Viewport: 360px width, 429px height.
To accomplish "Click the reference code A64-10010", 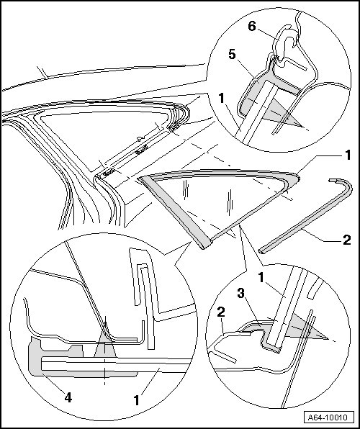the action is tap(328, 417).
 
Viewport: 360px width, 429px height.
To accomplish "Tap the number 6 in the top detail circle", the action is tap(252, 27).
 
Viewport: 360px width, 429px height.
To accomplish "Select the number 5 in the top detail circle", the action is tap(232, 55).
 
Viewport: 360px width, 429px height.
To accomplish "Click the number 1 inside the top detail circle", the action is tap(222, 99).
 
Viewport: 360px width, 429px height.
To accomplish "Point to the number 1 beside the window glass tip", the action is tap(348, 155).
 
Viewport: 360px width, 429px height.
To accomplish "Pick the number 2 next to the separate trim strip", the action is tap(346, 240).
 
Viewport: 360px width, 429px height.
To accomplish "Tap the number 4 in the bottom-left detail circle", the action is tap(68, 397).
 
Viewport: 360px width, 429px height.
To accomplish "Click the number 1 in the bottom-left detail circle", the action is tap(137, 400).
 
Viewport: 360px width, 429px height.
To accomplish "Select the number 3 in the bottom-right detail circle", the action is tap(241, 293).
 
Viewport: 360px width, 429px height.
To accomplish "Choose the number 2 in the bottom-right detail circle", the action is tap(221, 312).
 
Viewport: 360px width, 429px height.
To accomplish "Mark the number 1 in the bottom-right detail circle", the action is tap(261, 278).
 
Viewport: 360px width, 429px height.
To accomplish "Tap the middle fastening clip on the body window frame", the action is tap(142, 150).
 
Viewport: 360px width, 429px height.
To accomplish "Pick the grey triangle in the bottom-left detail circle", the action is tap(105, 346).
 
